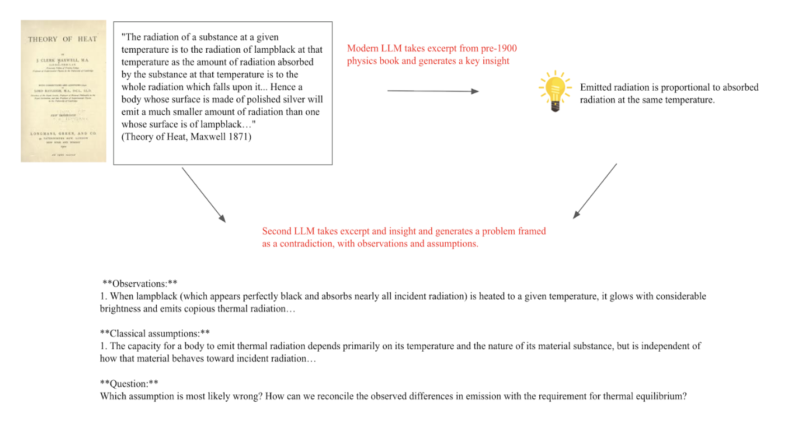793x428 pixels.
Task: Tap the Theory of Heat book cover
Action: (63, 91)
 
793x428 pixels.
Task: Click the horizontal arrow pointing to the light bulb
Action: (433, 91)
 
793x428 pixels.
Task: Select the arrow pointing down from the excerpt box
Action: (203, 194)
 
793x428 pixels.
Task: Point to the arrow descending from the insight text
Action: (595, 190)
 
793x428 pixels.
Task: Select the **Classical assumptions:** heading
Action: (155, 333)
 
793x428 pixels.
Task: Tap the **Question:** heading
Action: (129, 383)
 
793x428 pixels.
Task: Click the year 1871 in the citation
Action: (241, 136)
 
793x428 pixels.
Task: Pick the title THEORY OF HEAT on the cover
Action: (63, 39)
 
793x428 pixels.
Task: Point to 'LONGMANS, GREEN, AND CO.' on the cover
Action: (63, 134)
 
